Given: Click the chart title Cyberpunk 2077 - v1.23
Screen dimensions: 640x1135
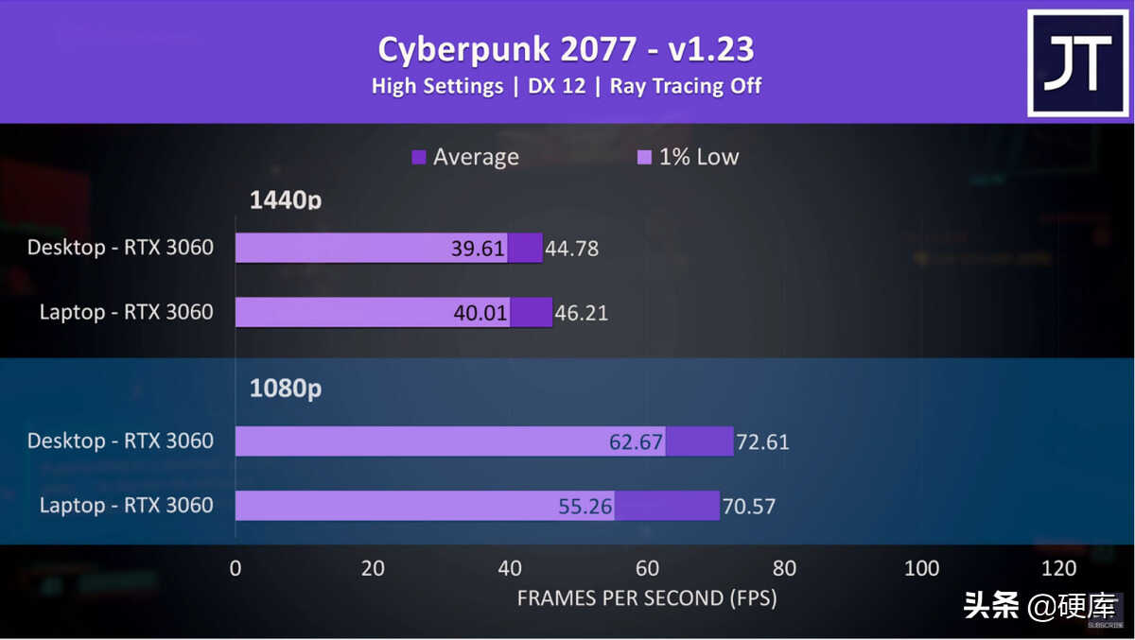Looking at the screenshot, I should click(x=566, y=49).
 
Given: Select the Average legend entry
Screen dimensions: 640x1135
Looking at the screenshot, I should click(x=465, y=157).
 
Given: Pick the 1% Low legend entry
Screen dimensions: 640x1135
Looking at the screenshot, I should click(x=689, y=157).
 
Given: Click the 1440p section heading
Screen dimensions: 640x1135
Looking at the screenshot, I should click(x=285, y=200).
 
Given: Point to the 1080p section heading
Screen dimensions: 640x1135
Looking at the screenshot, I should click(x=285, y=389).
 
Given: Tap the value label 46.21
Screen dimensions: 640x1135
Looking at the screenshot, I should click(x=582, y=313).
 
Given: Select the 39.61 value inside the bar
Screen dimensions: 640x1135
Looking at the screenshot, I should click(x=479, y=249).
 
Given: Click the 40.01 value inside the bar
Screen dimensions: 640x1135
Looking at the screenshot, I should click(x=480, y=313).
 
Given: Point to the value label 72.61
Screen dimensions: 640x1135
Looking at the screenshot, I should click(x=762, y=441).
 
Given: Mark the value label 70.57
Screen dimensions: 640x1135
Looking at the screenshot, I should click(x=749, y=507).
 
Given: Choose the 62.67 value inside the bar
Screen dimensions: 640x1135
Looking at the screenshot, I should click(x=636, y=441).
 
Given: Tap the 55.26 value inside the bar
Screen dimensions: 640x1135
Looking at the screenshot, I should click(x=585, y=507).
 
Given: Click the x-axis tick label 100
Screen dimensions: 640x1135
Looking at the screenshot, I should click(x=921, y=568).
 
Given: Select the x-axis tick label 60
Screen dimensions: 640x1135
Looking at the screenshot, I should click(x=647, y=568).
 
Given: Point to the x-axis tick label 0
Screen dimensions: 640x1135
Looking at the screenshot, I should click(x=236, y=568).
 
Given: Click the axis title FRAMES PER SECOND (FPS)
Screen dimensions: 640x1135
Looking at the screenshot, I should click(x=647, y=598).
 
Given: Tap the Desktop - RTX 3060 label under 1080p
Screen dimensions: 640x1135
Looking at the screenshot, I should click(x=120, y=441).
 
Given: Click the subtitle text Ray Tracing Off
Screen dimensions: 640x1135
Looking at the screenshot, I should click(x=686, y=86).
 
